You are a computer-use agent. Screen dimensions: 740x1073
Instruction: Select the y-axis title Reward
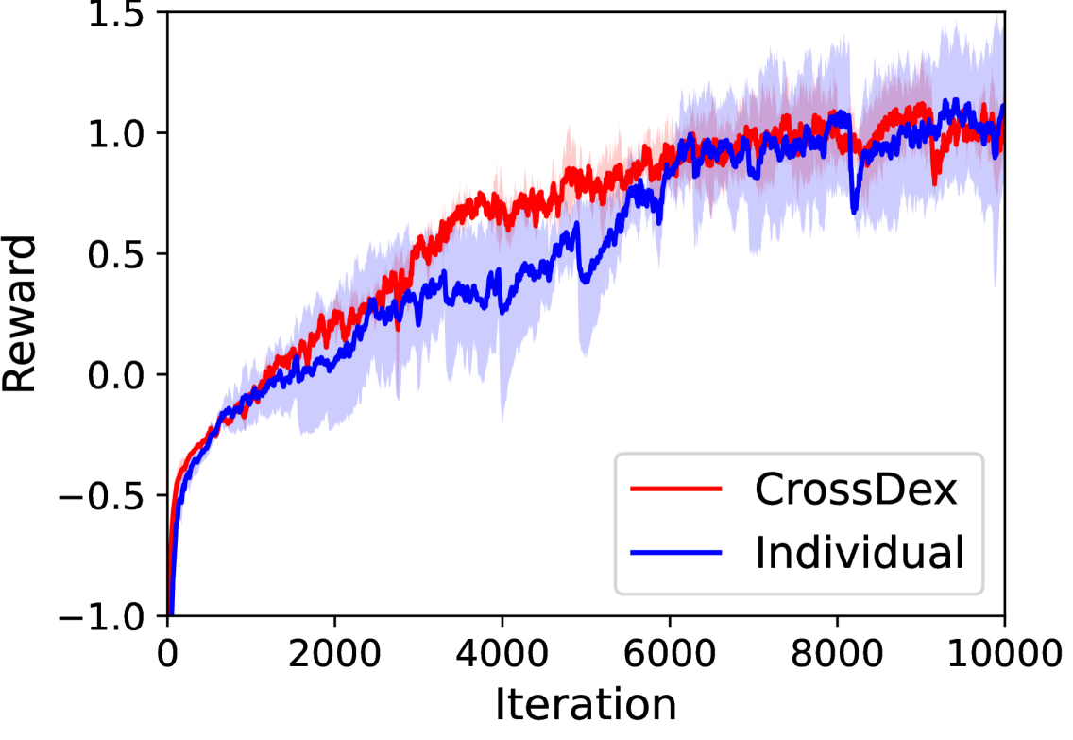(x=21, y=314)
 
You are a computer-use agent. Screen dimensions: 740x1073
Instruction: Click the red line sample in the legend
(x=676, y=490)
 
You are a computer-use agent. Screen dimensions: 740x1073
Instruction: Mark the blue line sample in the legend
(x=676, y=553)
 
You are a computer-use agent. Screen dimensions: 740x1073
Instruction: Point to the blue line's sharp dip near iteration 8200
(x=854, y=210)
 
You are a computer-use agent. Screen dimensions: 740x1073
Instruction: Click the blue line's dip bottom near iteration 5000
(x=585, y=281)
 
